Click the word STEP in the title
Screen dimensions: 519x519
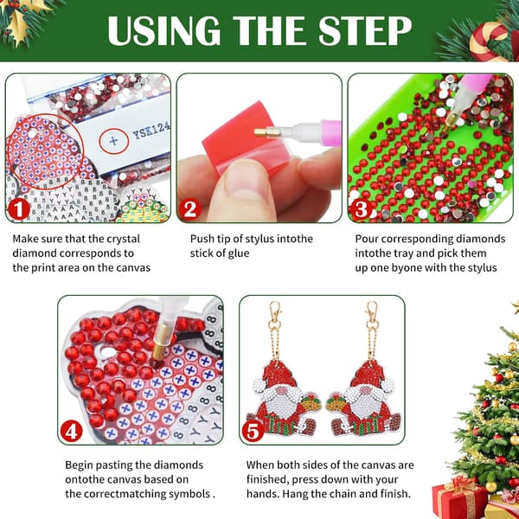[x=365, y=30]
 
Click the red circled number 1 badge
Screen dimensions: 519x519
[x=18, y=209]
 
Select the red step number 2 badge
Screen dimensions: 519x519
[x=190, y=209]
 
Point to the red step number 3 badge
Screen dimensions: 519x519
[x=361, y=209]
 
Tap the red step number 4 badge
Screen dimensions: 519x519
[x=71, y=432]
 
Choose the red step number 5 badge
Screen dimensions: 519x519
[x=253, y=432]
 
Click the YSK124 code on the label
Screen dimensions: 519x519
[x=151, y=131]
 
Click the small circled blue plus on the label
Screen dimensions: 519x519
[x=113, y=141]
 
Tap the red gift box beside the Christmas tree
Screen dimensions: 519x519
[x=460, y=499]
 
